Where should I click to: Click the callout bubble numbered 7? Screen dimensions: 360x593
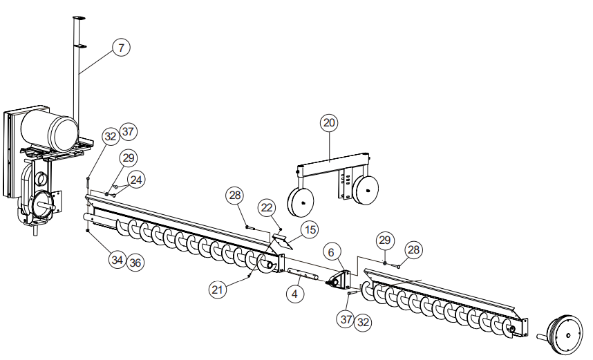pos(121,48)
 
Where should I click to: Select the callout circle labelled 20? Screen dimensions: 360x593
pos(329,123)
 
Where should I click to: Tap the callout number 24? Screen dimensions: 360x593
pos(136,180)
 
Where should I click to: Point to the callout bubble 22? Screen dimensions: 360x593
pos(267,207)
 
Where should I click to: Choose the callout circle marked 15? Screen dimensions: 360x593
pos(308,229)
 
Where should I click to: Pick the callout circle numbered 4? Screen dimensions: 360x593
pos(295,293)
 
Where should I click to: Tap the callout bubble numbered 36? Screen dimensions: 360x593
pos(135,263)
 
